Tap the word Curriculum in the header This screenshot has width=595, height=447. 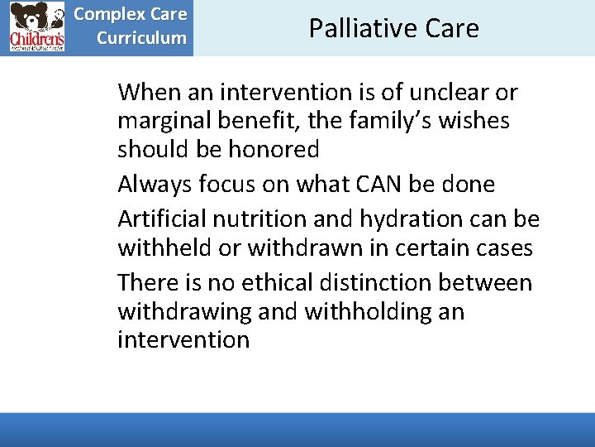(x=141, y=38)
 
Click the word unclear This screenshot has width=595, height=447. (x=445, y=92)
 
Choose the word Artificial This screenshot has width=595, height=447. (x=161, y=219)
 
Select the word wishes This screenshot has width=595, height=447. (x=474, y=121)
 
